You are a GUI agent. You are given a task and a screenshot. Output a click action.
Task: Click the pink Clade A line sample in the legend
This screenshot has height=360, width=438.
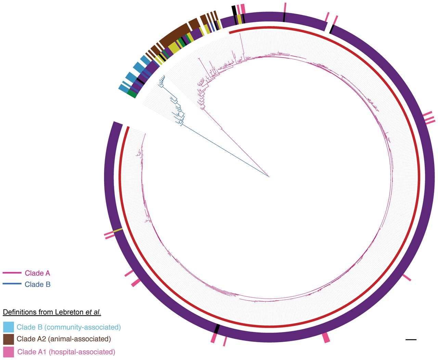coord(12,273)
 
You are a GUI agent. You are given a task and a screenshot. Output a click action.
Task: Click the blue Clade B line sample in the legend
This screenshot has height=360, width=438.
coord(12,284)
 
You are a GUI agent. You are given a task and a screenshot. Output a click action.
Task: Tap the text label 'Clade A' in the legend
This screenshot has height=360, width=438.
coord(37,273)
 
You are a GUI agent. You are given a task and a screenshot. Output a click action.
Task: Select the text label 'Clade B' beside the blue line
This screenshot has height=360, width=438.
coord(37,284)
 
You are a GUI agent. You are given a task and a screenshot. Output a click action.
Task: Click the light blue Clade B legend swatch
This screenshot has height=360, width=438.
coord(8,327)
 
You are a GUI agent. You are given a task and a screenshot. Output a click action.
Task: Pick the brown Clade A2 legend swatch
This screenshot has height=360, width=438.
coord(8,339)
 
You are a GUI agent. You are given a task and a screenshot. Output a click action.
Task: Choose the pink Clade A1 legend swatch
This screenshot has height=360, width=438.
coord(8,352)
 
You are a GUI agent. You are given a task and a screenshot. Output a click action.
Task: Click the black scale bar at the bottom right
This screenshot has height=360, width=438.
coord(411,339)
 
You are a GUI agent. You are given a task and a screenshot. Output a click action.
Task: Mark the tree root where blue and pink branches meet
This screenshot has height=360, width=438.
coord(269,177)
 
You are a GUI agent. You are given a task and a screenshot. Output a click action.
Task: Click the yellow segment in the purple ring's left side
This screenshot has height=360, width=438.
coord(118,230)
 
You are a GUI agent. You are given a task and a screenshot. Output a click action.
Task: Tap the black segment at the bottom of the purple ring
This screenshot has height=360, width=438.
coord(216,329)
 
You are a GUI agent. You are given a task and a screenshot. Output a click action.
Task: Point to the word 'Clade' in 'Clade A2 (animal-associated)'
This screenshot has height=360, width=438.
coord(26,339)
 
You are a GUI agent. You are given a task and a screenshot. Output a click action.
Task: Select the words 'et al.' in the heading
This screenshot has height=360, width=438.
coord(93,312)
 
